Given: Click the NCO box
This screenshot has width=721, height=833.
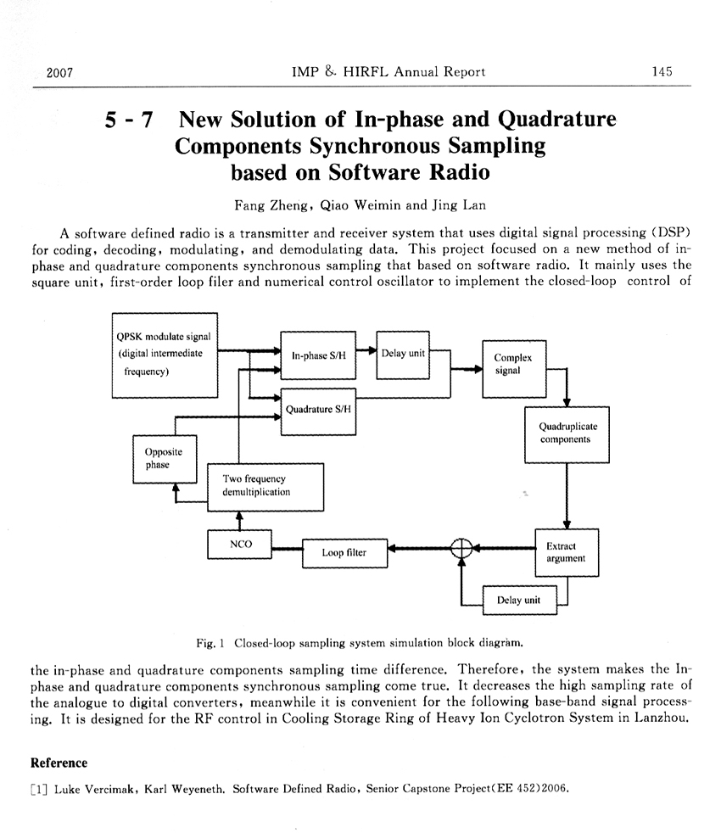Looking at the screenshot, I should tap(242, 545).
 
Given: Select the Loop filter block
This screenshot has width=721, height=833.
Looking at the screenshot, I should tap(344, 553).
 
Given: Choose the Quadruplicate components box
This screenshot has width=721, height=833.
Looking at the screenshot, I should tap(565, 434).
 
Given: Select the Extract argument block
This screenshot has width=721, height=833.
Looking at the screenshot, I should tap(566, 552).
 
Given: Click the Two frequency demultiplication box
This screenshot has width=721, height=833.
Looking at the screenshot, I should tap(265, 486).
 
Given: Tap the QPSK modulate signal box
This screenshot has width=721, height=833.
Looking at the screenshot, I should tap(165, 355).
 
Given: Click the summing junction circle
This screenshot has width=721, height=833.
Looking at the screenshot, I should tap(461, 549).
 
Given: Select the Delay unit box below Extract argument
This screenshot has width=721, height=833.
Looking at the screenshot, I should tap(518, 601).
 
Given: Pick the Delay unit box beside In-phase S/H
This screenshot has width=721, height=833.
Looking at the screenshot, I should tap(404, 355).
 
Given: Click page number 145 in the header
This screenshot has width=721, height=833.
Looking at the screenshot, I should tap(662, 72).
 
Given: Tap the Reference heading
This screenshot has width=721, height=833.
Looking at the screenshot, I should tap(59, 763).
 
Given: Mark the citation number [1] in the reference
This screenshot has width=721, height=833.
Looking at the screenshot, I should tap(39, 788).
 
